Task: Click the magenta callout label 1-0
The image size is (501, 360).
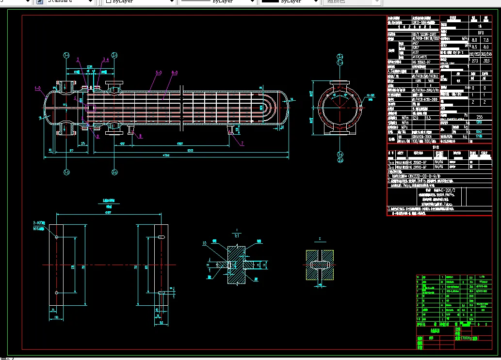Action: (37, 89)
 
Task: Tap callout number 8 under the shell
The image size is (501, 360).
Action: (141, 137)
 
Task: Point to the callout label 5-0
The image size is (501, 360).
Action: (159, 73)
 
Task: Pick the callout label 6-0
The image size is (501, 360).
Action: (174, 73)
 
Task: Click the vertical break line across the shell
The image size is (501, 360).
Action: (180, 108)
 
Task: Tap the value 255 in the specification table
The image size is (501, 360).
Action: (480, 117)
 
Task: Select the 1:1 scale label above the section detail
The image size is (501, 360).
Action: (236, 235)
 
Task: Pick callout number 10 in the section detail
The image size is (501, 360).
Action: (205, 243)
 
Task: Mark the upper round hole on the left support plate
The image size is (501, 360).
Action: (57, 237)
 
